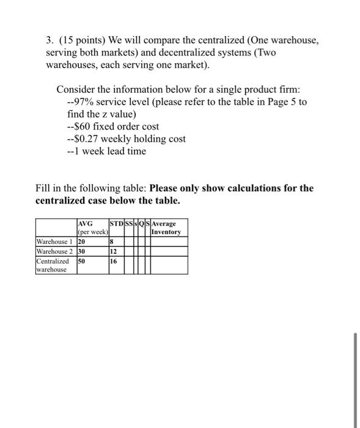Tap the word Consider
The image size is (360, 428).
77,89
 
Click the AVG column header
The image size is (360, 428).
85,224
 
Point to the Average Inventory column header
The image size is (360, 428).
166,228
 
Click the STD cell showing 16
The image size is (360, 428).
114,260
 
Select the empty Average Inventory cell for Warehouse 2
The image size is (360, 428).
169,251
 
